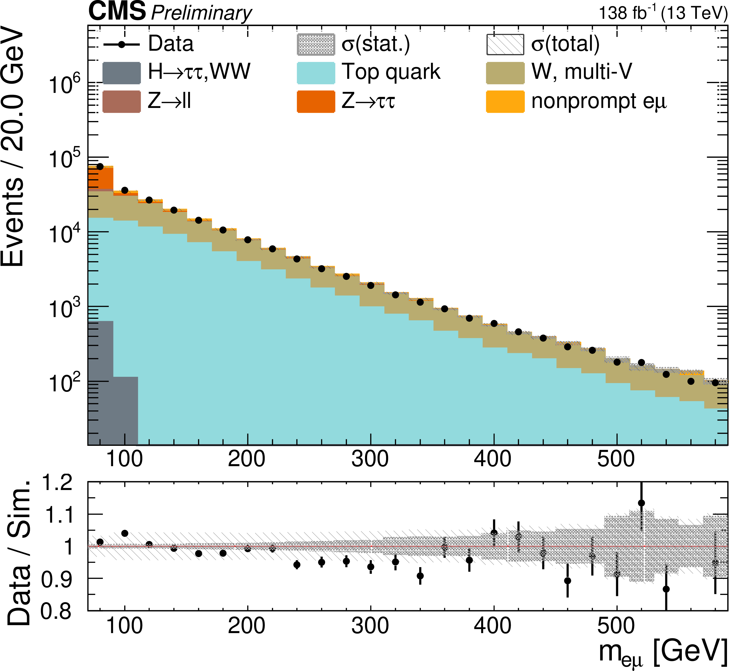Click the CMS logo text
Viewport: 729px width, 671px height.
[117, 12]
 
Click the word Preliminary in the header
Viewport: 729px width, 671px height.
[201, 14]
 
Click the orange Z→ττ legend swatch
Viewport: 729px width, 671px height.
[316, 102]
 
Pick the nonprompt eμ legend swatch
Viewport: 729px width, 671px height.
[505, 102]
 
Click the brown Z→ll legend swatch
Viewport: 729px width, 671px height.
[122, 102]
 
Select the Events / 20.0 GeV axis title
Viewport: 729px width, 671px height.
[13, 149]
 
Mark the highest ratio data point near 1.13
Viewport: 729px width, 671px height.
[641, 503]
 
